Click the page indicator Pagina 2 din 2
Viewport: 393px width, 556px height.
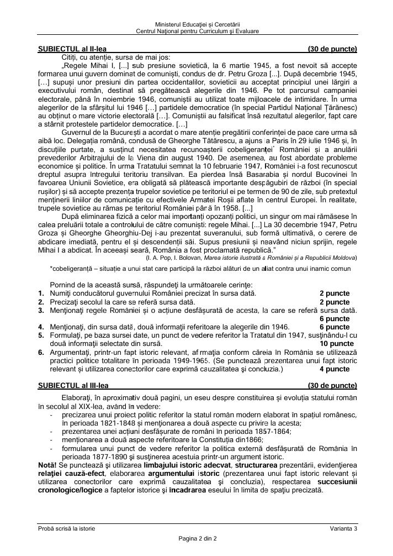(x=197, y=538)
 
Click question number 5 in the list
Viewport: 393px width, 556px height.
(x=41, y=335)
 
